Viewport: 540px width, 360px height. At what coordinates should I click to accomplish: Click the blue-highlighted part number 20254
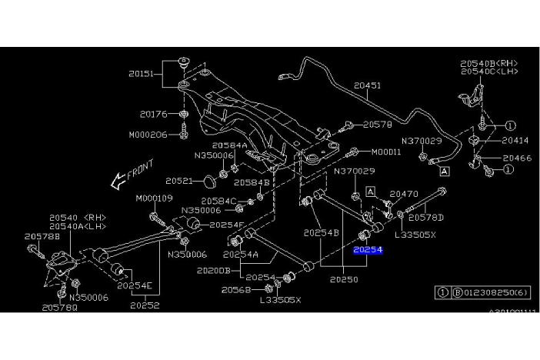coord(368,250)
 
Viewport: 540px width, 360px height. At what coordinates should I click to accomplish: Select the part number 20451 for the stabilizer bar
coord(367,86)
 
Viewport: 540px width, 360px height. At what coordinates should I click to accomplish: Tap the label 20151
coord(142,75)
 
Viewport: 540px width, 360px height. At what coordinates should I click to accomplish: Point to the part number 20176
coord(154,114)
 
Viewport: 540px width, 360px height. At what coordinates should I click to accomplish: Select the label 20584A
coord(229,145)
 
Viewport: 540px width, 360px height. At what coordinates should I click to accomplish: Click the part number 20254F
coord(227,225)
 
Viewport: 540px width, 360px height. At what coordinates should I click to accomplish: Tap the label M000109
coord(154,198)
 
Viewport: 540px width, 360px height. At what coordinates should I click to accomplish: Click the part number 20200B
coord(214,271)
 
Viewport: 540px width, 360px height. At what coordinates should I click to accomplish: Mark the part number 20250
coord(344,279)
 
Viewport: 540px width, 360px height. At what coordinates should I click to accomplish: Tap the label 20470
coord(404,195)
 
